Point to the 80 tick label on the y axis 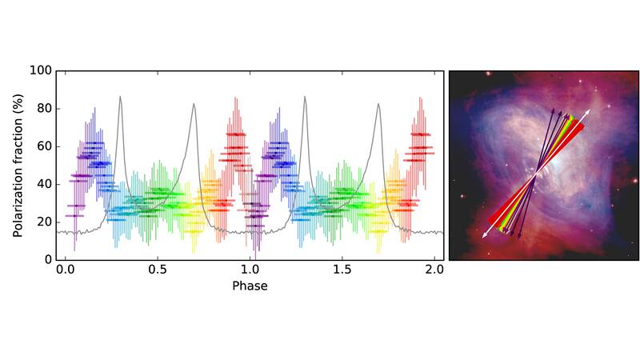pyautogui.click(x=43, y=109)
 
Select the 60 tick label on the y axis pyautogui.click(x=43, y=146)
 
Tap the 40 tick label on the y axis pyautogui.click(x=43, y=184)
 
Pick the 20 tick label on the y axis pyautogui.click(x=43, y=222)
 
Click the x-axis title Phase pyautogui.click(x=250, y=286)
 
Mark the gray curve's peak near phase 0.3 pyautogui.click(x=121, y=97)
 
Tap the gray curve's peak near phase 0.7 pyautogui.click(x=194, y=103)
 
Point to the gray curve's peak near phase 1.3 pyautogui.click(x=305, y=97)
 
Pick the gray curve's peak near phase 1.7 pyautogui.click(x=378, y=103)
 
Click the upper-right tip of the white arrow pyautogui.click(x=590, y=109)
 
